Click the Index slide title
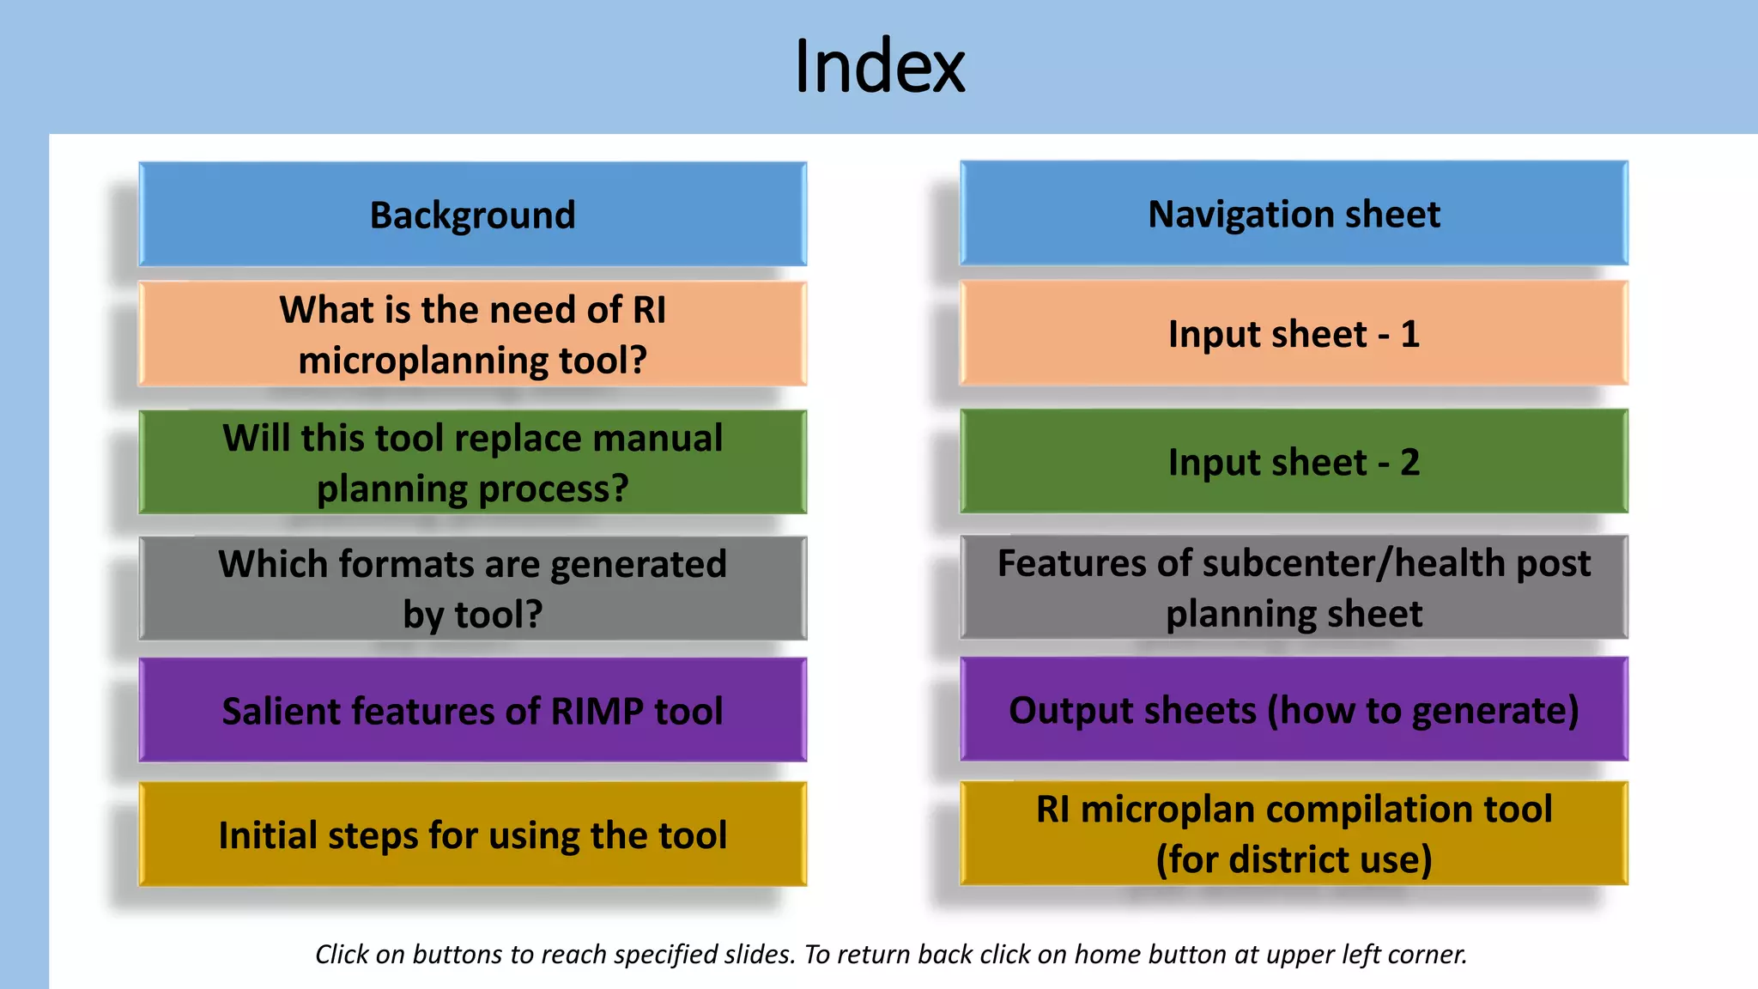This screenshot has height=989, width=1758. coord(879,66)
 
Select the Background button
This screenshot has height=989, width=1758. coord(472,215)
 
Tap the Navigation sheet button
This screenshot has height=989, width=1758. coord(1294,214)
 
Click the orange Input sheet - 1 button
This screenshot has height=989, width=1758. coord(1294,334)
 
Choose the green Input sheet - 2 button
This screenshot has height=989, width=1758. coord(1294,462)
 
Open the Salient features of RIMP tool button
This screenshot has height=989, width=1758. coord(472,711)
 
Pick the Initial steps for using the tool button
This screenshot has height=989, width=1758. coord(472,834)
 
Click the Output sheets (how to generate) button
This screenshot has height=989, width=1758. coord(1294,710)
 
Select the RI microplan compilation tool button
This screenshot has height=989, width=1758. coord(1294,834)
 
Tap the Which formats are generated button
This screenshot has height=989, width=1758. coord(472,589)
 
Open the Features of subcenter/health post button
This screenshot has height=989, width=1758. coord(1294,588)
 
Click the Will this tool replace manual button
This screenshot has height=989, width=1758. coord(472,463)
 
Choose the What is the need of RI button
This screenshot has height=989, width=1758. coord(472,334)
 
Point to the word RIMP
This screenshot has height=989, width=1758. coord(597,712)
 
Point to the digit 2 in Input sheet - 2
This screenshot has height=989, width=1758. coord(1409,463)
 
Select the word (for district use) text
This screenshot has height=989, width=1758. coord(1294,859)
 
